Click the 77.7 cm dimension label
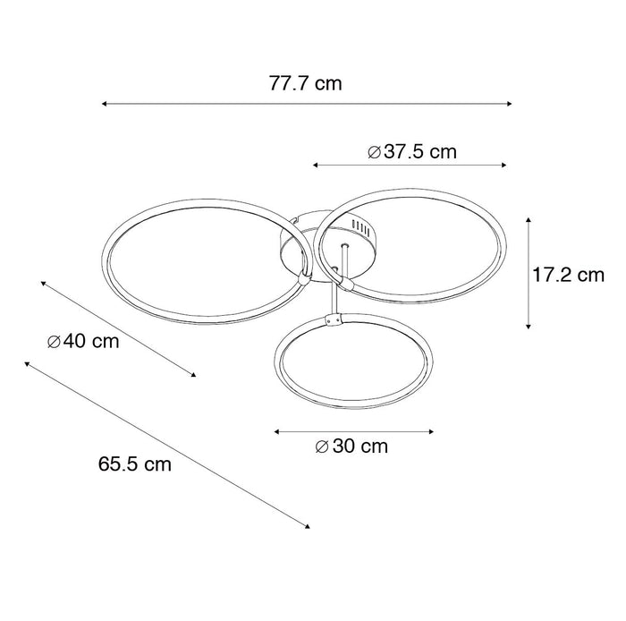306,84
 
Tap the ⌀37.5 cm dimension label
411,152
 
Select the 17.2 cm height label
569,276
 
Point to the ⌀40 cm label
83,342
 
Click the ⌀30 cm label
351,447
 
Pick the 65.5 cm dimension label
135,464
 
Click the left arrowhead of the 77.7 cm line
104,104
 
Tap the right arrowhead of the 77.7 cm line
509,104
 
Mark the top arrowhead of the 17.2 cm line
529,220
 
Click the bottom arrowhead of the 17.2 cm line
529,327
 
